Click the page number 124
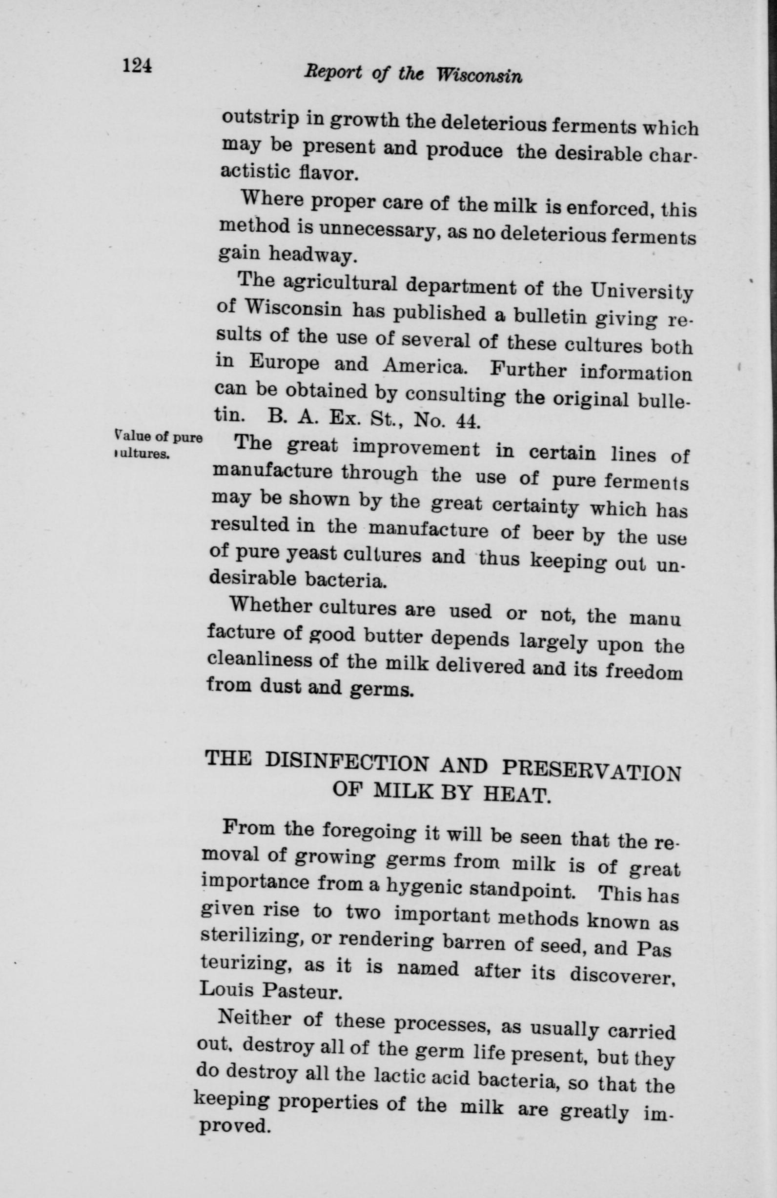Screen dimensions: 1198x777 click(x=137, y=65)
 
